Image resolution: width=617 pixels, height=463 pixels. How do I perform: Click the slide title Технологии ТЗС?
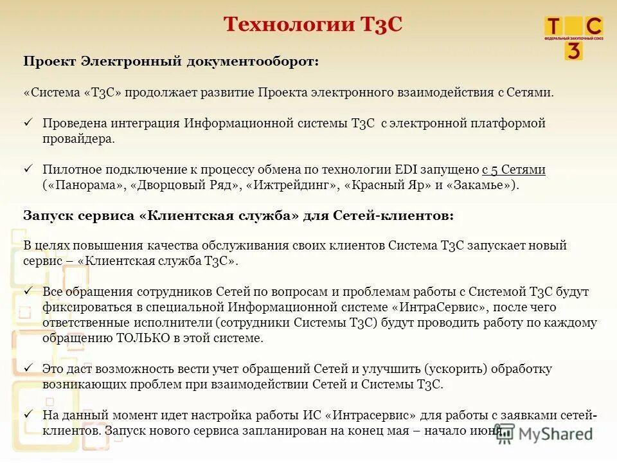tap(312, 24)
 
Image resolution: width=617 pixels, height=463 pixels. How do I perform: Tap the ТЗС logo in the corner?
tap(573, 37)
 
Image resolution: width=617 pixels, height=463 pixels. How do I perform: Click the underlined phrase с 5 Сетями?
tap(514, 170)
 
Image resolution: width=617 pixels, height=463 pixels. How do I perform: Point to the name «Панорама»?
tap(84, 185)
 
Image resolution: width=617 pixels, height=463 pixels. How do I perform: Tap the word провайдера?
tap(78, 138)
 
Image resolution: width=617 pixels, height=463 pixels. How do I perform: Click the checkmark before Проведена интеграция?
tap(28, 122)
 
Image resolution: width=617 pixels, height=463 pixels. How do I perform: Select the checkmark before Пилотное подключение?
tap(28, 169)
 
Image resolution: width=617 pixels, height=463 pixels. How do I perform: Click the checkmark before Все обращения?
tap(28, 291)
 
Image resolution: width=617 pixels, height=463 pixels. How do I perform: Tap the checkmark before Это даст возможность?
tap(28, 368)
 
